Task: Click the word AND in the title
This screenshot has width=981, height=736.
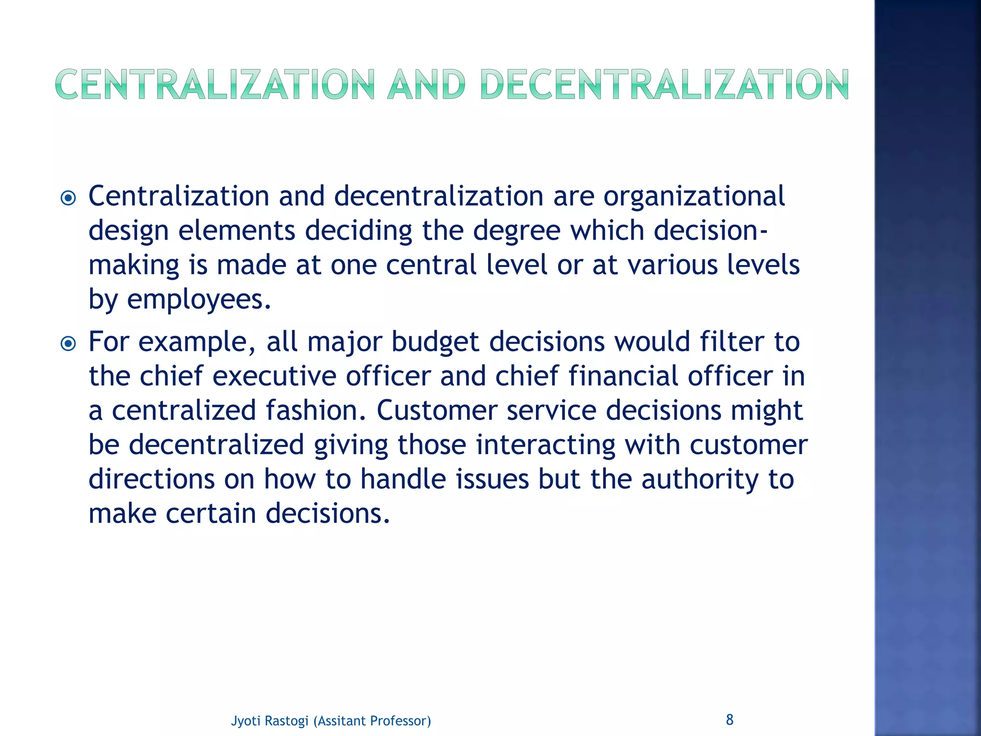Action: [426, 85]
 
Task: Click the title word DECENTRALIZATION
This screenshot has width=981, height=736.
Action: [664, 85]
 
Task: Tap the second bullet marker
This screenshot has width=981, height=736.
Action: [68, 343]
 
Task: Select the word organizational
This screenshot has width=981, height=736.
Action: [694, 197]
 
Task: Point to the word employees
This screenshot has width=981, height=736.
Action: [198, 300]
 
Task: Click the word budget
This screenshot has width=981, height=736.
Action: [435, 342]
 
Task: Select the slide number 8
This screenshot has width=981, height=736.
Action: [730, 719]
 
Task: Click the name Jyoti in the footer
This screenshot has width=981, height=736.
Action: [245, 721]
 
